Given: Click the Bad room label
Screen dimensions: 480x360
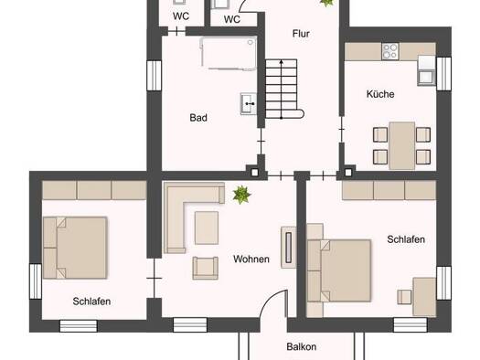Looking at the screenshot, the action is (198, 118).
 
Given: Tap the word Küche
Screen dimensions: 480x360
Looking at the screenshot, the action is (380, 94).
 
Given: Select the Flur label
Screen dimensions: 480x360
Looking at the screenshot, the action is (301, 33).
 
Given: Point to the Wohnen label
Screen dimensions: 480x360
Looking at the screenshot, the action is (251, 259).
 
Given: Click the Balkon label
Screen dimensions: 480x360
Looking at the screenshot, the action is (302, 346).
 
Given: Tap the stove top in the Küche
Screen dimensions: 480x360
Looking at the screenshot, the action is (390, 51).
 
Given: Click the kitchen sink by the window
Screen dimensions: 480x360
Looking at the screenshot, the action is (426, 77).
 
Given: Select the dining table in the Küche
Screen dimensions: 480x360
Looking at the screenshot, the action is (402, 145).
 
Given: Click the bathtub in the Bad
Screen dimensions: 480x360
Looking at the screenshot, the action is (229, 54).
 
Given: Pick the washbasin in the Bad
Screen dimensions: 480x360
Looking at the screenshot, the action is (249, 103).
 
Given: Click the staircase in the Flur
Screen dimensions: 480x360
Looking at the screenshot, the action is (283, 89).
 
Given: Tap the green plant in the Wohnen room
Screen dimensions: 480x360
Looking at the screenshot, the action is (241, 195).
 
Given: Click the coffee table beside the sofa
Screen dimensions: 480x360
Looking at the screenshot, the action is (207, 228).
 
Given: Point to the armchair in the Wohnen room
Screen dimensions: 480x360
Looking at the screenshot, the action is (206, 268).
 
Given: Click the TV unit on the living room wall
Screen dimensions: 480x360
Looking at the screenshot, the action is (288, 248).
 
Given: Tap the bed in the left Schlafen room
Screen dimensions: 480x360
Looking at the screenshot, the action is (75, 248).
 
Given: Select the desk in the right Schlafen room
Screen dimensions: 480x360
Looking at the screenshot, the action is (424, 297).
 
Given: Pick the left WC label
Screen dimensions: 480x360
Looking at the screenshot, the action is (181, 16).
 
